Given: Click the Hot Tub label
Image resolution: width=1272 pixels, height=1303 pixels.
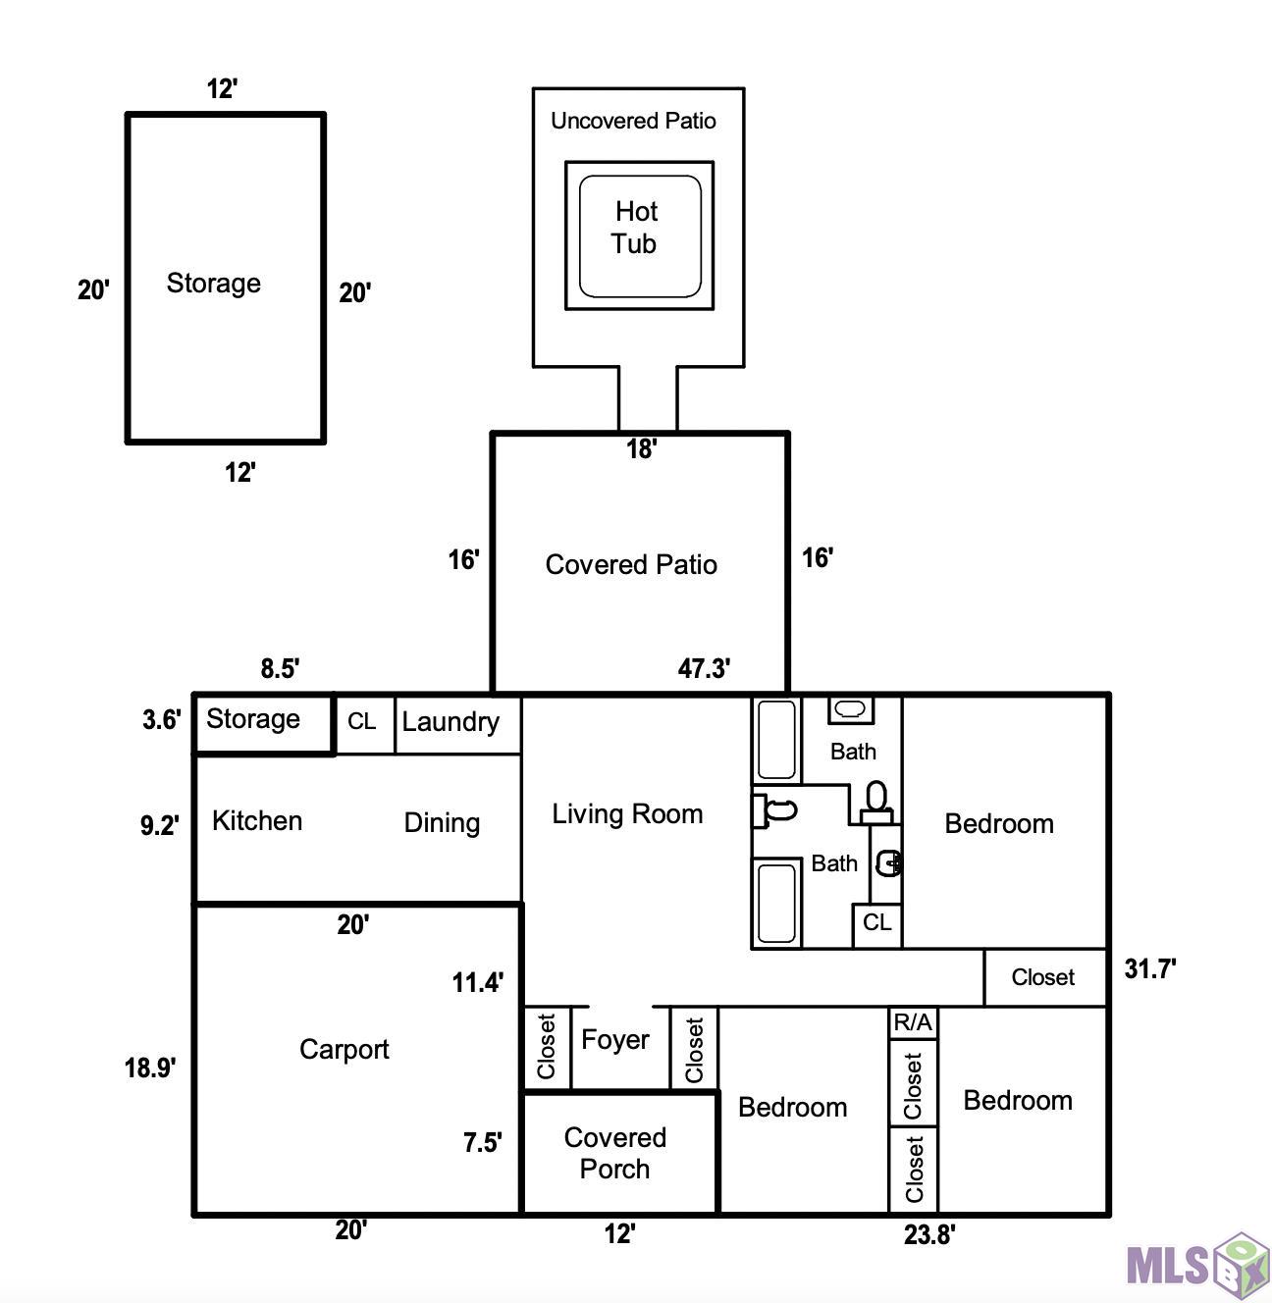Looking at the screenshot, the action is tap(634, 228).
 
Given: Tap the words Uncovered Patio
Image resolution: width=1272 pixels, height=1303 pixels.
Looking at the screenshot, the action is tap(633, 121).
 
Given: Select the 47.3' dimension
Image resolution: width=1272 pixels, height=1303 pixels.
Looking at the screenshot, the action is tap(704, 667).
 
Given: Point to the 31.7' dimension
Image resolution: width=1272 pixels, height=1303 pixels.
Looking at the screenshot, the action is tap(1150, 968).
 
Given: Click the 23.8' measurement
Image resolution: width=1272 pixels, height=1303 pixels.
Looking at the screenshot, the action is tap(929, 1234).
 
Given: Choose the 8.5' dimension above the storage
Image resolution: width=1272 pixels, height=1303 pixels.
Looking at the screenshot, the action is tap(280, 668).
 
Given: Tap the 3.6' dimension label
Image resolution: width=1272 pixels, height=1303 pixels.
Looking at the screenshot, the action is tap(161, 720).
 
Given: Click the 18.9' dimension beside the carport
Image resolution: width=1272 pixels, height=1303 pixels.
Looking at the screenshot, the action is tap(150, 1068).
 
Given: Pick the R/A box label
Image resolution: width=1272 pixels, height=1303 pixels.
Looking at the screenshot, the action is tap(913, 1022).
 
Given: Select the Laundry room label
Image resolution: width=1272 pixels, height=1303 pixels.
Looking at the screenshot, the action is tap(450, 722).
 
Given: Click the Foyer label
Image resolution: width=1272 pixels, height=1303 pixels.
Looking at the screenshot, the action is tap(615, 1040).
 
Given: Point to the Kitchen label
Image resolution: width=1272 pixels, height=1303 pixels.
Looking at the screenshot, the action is tap(257, 820).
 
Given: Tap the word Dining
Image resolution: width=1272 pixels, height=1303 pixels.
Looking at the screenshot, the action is tap(442, 823).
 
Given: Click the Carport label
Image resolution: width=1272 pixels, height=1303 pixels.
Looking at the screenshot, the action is tap(344, 1049).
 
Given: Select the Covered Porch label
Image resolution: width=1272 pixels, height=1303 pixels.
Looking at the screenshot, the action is tap(615, 1153).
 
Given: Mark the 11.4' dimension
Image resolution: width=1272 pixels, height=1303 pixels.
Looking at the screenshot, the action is tap(478, 982).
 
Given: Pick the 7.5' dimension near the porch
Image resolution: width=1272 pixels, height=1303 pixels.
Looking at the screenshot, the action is tap(482, 1142).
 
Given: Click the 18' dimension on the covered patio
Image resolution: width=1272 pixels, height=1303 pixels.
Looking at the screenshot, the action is tap(642, 448).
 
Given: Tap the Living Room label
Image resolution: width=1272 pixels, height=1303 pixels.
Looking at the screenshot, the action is tap(627, 814).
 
